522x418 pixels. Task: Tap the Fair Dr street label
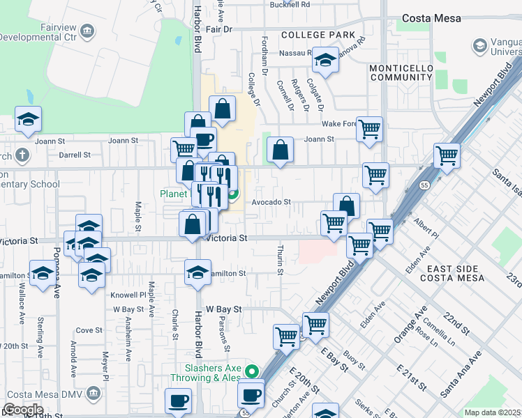pos(218,29)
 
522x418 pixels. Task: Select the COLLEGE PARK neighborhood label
pos(318,35)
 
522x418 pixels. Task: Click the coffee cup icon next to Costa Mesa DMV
pos(178,401)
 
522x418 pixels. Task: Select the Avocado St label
pos(271,202)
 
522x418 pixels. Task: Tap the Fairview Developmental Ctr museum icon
pos(87,32)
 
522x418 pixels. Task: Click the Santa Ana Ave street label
pos(461,374)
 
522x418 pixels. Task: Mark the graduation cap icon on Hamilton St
pos(198,271)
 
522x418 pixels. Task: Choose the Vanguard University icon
pos(480,46)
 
